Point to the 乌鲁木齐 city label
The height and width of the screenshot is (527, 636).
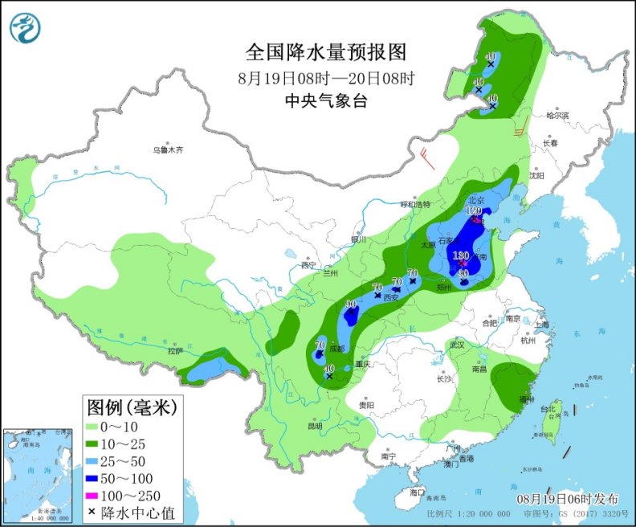169,150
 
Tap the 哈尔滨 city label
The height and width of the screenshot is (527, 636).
556,116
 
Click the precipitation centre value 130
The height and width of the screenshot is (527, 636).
461,256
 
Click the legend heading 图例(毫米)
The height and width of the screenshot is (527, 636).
133,407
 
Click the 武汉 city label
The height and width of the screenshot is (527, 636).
459,344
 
